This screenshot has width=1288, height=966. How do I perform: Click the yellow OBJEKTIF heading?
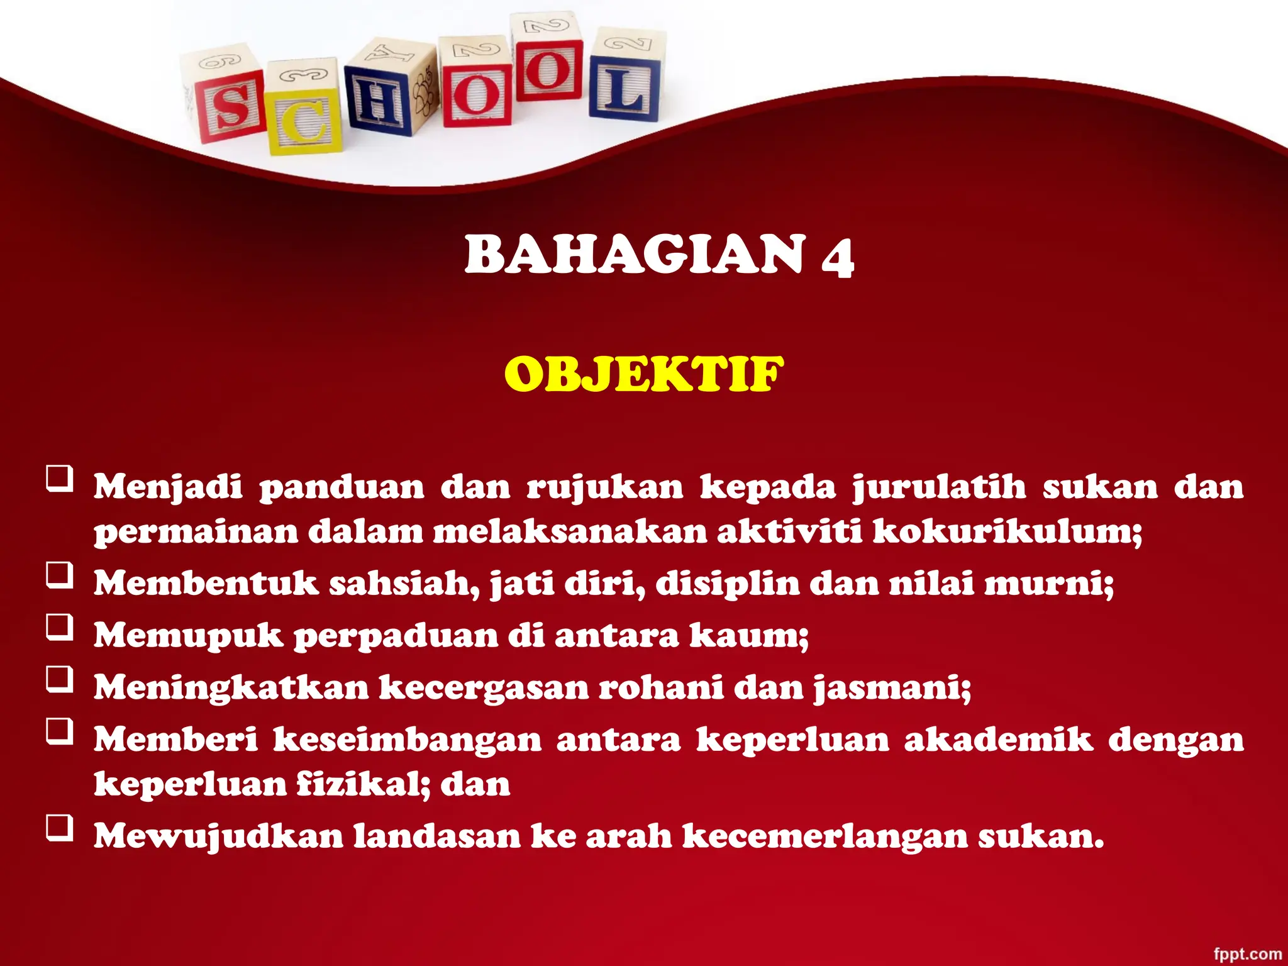(x=644, y=374)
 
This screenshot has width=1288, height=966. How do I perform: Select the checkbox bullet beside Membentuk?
(x=60, y=575)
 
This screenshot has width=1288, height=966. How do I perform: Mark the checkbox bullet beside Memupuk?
(x=60, y=628)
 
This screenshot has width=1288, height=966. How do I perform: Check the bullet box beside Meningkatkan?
(x=60, y=680)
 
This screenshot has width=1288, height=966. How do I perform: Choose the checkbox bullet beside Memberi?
(x=60, y=732)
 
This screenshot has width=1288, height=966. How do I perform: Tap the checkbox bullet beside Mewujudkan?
(x=60, y=828)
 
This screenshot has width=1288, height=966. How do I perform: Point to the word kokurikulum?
(x=1006, y=532)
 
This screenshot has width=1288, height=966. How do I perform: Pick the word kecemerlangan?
(x=824, y=836)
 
